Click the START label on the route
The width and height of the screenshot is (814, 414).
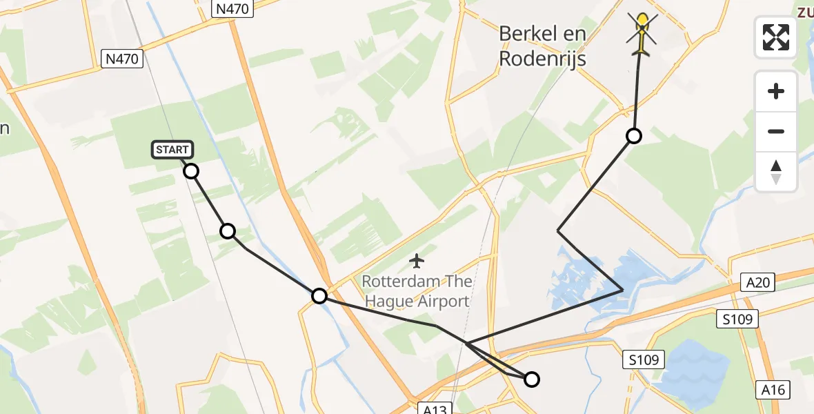click(172, 150)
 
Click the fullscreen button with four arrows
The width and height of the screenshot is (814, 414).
click(776, 37)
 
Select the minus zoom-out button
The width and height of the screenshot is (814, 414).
click(776, 131)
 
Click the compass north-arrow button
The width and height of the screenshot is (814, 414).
click(776, 171)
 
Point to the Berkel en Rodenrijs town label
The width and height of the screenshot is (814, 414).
click(542, 46)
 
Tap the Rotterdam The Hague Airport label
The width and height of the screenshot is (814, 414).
click(417, 291)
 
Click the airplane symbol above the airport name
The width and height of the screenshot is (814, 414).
click(416, 261)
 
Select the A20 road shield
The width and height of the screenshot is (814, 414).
click(760, 282)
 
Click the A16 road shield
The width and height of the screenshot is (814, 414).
click(773, 390)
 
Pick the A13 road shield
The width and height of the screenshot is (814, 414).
click(437, 409)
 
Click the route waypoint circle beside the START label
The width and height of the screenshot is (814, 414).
click(191, 170)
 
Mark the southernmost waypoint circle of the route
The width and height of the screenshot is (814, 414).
click(532, 379)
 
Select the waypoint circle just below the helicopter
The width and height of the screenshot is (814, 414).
click(633, 136)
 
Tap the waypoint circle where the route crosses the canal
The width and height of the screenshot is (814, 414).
click(319, 296)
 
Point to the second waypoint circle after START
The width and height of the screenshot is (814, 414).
click(228, 231)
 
